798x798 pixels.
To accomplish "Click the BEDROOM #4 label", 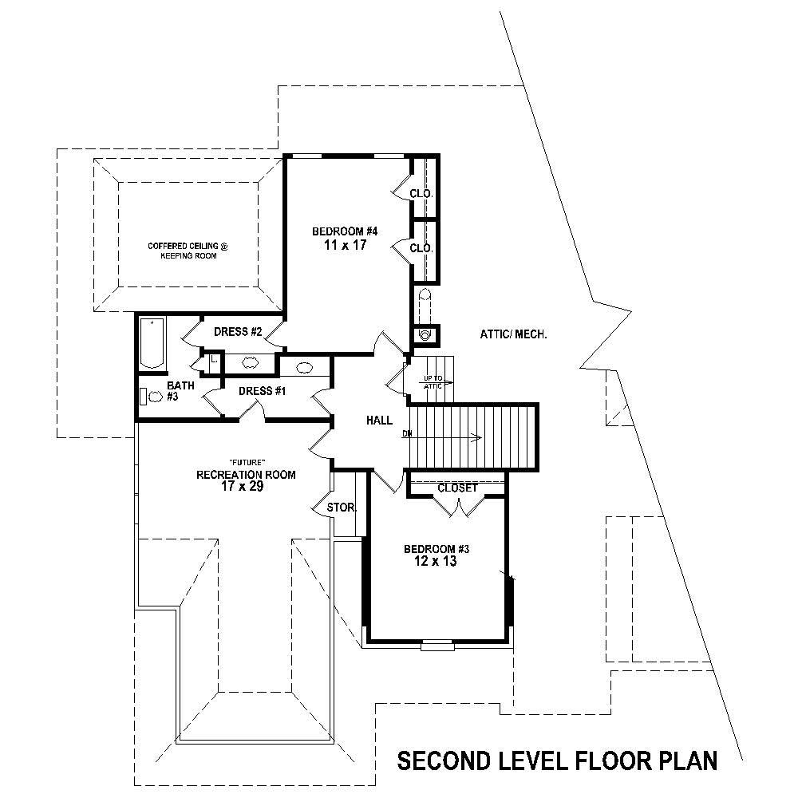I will tap(344, 231).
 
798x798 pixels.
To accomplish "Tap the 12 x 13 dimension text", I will tap(435, 562).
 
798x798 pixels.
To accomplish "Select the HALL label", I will tap(378, 420).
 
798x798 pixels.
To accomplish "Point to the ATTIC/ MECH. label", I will tap(514, 334).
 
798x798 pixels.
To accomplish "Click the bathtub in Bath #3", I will tap(151, 343).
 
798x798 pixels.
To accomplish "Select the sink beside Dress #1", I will tap(304, 368).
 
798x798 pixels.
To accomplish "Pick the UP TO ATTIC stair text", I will tap(433, 381).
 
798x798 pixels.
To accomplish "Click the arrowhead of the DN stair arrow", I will tap(477, 437).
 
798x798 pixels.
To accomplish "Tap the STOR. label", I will tap(341, 507).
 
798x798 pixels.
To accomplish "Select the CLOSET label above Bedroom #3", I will tap(458, 488).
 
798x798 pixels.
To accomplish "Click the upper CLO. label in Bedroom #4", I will tap(421, 193).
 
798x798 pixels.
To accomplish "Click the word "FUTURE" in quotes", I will tap(246, 462).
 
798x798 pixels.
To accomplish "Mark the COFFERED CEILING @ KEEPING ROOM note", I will tap(188, 251).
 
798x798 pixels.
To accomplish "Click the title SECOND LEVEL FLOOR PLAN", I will tap(557, 760).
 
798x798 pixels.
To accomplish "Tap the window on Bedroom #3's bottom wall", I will tap(437, 646).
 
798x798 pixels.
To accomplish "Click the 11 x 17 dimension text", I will tap(344, 246).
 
